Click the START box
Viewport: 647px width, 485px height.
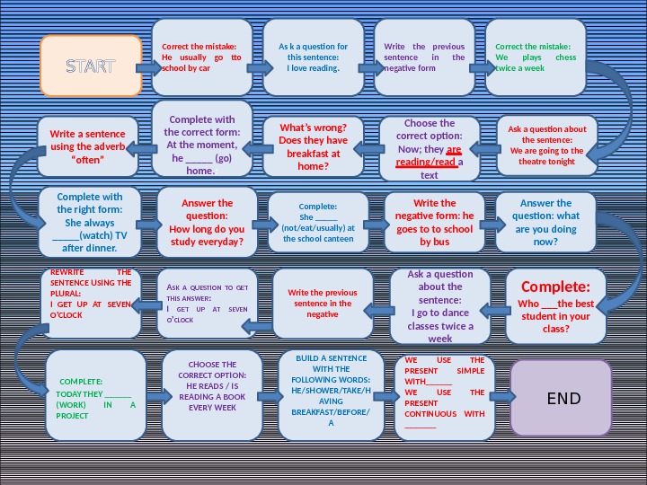point(92,66)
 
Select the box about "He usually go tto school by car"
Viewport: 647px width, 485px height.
point(202,57)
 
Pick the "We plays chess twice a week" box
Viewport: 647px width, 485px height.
point(536,57)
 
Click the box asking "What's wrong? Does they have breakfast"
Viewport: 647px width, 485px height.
point(313,146)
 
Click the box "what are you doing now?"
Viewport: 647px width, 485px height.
point(545,222)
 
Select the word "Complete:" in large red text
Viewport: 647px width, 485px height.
point(555,287)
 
